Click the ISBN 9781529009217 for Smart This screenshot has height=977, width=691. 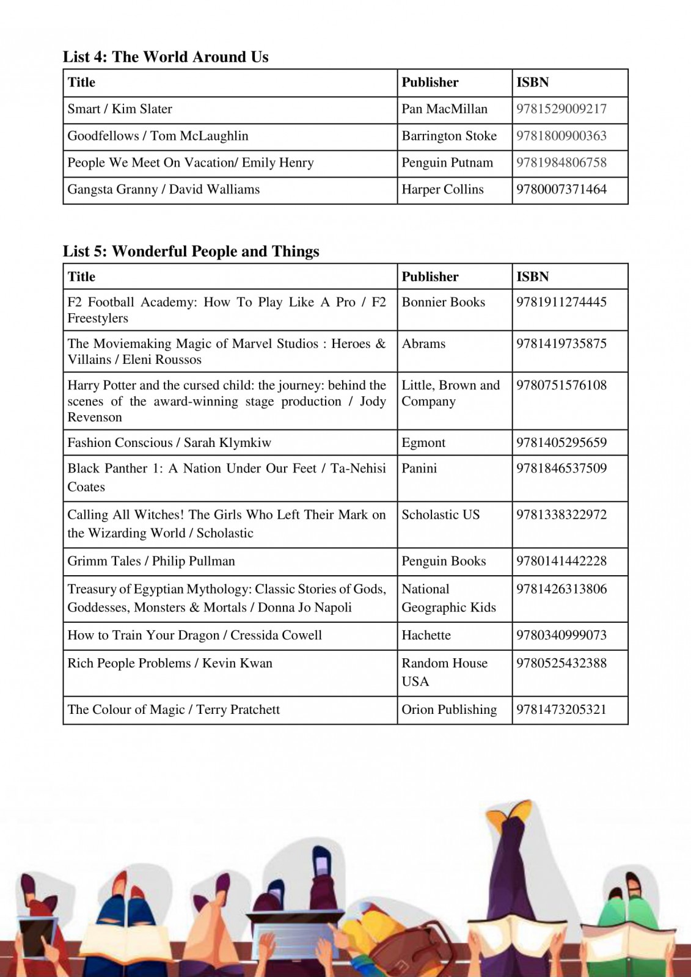561,109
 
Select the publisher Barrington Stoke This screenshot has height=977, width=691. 449,136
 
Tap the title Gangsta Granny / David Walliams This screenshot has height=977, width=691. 163,189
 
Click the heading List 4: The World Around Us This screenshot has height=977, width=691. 166,57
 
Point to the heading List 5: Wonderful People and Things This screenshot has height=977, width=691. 191,252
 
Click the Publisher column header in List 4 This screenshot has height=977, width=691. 430,82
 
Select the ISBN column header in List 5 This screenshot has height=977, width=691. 532,277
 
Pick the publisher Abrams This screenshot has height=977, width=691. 423,344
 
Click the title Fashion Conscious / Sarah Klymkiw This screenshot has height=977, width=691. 169,443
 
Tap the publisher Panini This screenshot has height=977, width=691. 419,468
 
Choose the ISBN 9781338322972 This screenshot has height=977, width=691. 561,515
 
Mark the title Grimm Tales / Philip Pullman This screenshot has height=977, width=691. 151,561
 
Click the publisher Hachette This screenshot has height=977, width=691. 426,635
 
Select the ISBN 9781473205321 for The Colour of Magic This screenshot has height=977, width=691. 561,710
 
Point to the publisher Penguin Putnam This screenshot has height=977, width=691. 447,163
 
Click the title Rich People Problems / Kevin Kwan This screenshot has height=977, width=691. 170,663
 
